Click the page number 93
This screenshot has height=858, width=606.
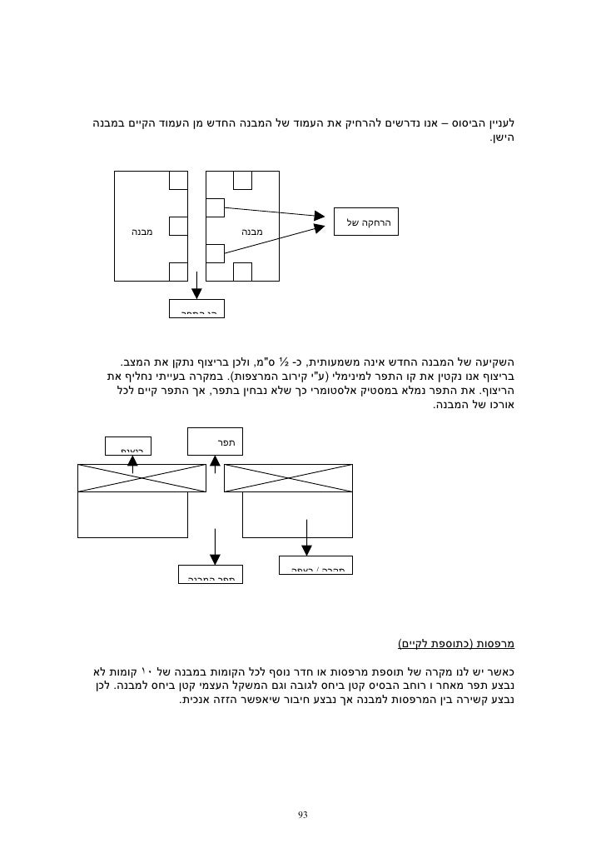pyautogui.click(x=302, y=813)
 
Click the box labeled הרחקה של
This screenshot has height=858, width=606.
pyautogui.click(x=366, y=222)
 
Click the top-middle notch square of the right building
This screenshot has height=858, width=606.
pyautogui.click(x=243, y=181)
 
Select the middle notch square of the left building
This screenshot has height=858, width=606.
pyautogui.click(x=178, y=226)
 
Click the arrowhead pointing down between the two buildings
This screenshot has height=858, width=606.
pyautogui.click(x=197, y=292)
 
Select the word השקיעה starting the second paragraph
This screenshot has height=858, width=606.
pyautogui.click(x=494, y=363)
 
